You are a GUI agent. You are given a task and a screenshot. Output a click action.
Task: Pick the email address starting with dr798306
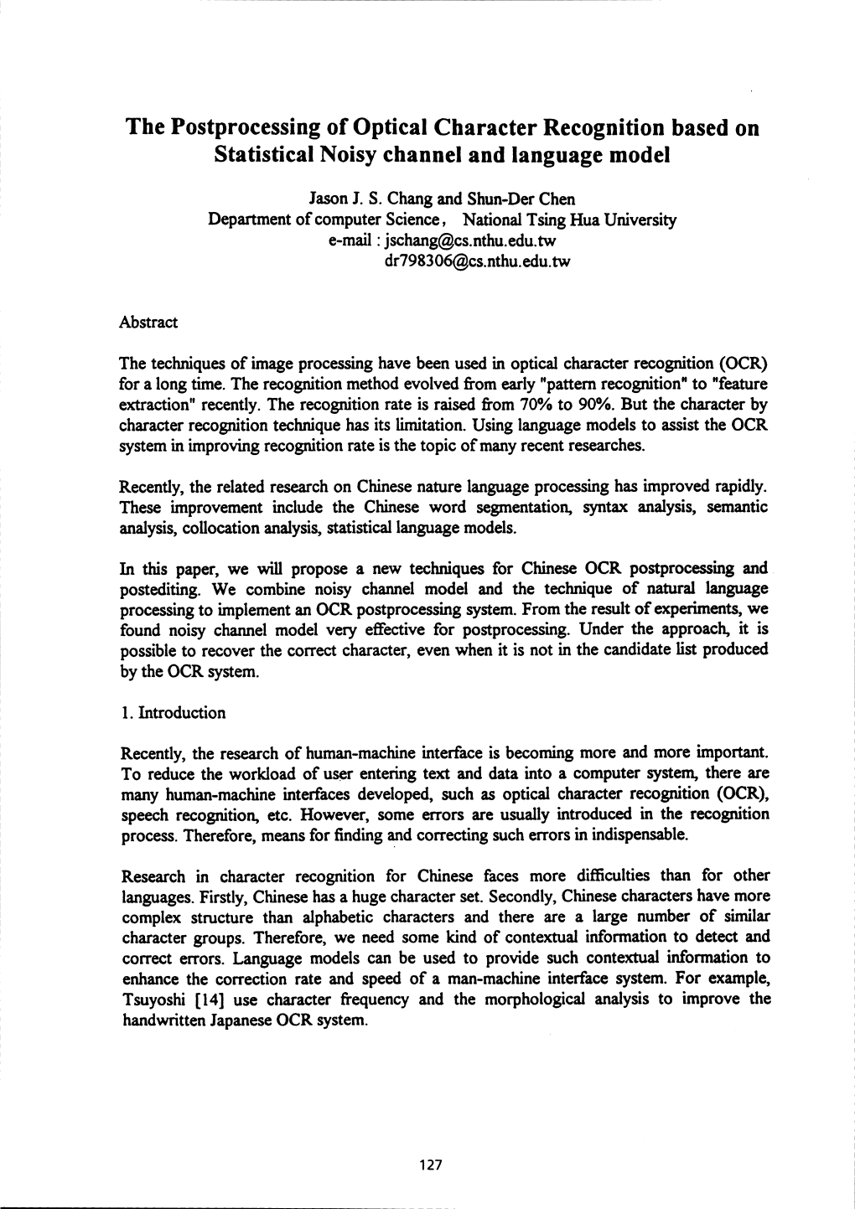tap(476, 261)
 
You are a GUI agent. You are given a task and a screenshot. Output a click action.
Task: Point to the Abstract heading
tap(148, 323)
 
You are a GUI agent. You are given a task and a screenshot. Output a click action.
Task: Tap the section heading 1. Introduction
tap(174, 713)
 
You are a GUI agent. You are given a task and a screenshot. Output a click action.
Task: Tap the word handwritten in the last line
tap(163, 1020)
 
